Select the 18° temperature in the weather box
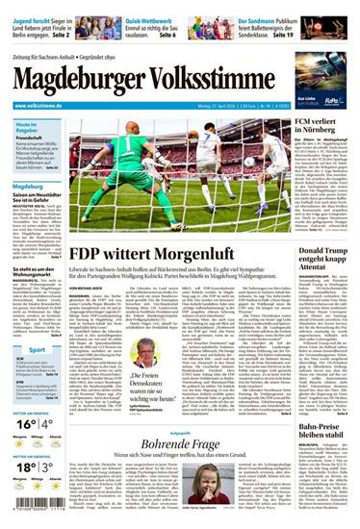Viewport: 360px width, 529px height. (27, 467)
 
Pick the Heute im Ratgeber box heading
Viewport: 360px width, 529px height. (27, 129)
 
